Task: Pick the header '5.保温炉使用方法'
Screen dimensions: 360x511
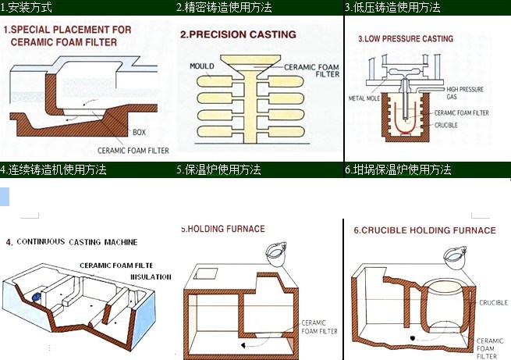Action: coord(218,169)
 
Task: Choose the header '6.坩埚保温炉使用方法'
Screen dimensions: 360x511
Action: coord(398,169)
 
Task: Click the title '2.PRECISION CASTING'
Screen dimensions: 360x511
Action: coord(238,34)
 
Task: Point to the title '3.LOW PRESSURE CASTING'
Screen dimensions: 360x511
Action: coord(405,38)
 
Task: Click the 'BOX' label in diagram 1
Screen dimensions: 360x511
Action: coord(139,133)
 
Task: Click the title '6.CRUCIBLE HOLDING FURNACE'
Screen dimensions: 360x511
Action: coord(424,230)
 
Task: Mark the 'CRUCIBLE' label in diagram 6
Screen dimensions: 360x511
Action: coord(493,302)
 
